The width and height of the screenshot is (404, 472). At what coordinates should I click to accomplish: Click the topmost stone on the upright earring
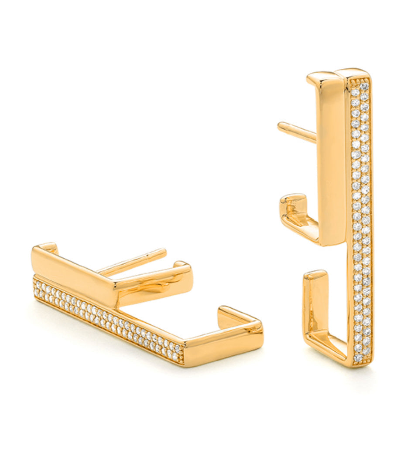pos(364,86)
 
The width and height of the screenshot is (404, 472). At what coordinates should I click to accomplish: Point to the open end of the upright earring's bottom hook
pos(315,276)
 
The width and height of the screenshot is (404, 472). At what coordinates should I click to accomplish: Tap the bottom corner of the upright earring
pos(356,364)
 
